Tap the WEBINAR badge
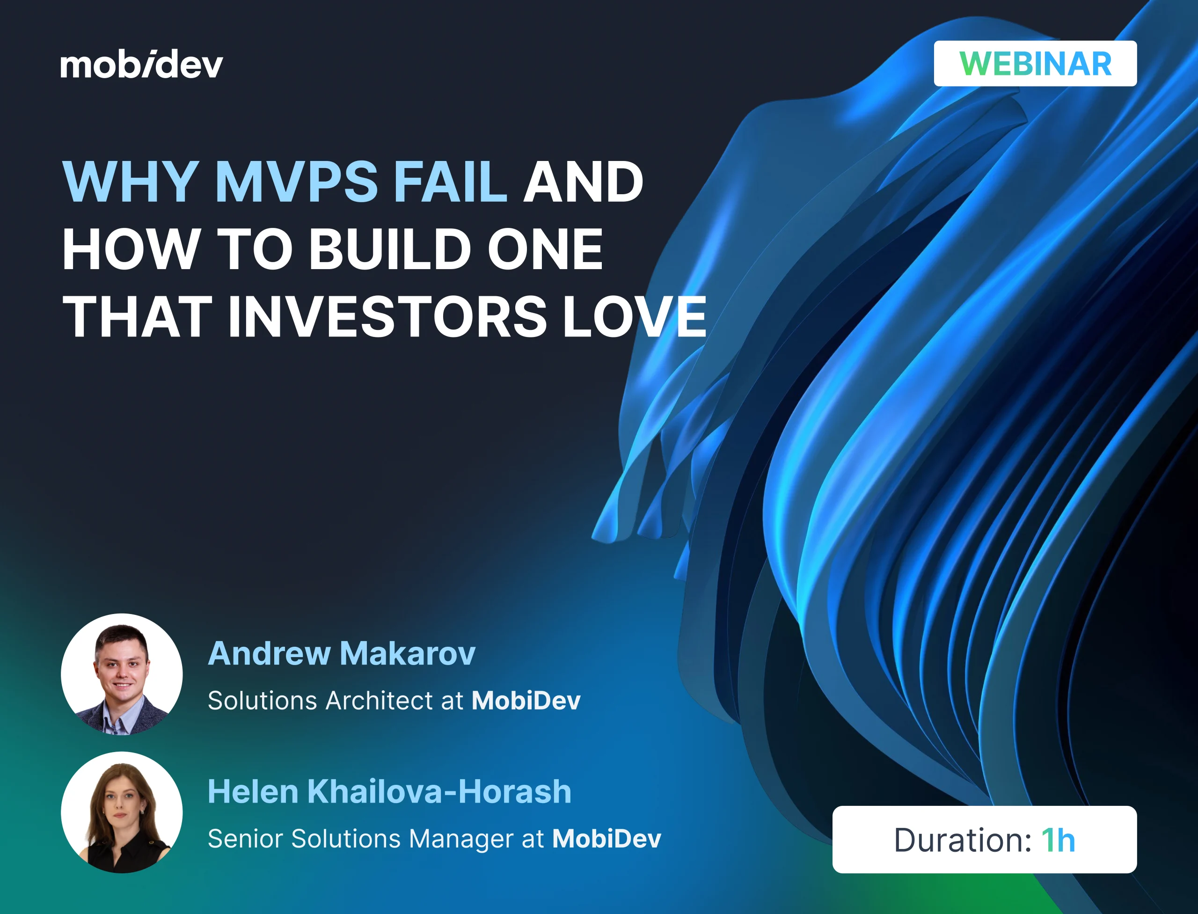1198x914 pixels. [1035, 64]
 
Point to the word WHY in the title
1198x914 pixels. [131, 182]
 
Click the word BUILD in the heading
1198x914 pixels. [389, 249]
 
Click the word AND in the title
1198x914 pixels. [583, 182]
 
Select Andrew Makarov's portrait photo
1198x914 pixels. [122, 675]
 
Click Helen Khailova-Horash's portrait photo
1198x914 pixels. [122, 812]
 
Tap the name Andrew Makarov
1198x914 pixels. [342, 653]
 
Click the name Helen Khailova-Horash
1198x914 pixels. [389, 791]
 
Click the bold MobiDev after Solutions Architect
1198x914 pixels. [526, 701]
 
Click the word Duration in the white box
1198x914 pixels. [962, 841]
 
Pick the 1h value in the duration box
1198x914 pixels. [1058, 841]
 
